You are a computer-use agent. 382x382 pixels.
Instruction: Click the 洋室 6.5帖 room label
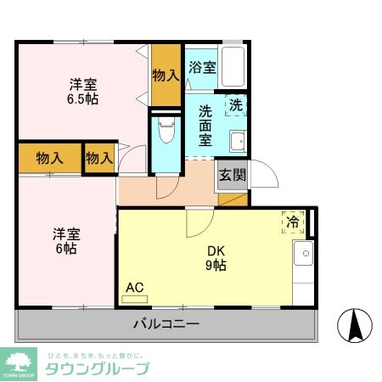pyautogui.click(x=83, y=91)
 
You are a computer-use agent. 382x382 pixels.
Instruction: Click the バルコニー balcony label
pyautogui.click(x=166, y=324)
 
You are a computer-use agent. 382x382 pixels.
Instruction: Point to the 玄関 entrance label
pyautogui.click(x=233, y=176)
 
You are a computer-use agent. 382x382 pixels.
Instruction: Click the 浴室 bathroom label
pyautogui.click(x=202, y=68)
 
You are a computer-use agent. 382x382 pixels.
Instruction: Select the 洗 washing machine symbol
pyautogui.click(x=236, y=105)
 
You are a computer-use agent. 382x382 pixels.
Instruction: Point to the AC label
pyautogui.click(x=134, y=287)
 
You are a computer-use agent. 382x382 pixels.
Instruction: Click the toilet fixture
pyautogui.click(x=166, y=132)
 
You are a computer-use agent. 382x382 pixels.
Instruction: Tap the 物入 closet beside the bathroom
pyautogui.click(x=166, y=75)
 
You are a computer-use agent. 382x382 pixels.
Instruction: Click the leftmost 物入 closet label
pyautogui.click(x=49, y=158)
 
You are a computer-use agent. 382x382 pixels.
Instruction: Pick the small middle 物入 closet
pyautogui.click(x=99, y=158)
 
